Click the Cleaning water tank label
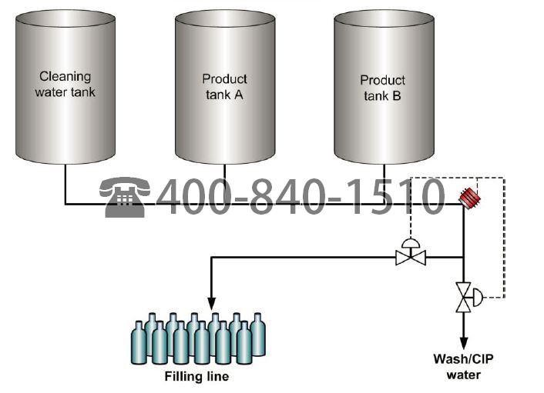pyautogui.click(x=65, y=85)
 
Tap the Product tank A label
pyautogui.click(x=224, y=87)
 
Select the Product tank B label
pyautogui.click(x=383, y=88)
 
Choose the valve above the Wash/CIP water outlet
pyautogui.click(x=465, y=296)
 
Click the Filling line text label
pyautogui.click(x=196, y=377)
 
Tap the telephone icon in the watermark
pyautogui.click(x=125, y=198)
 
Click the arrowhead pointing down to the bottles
pyautogui.click(x=211, y=303)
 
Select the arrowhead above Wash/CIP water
pyautogui.click(x=464, y=342)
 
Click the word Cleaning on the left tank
pyautogui.click(x=65, y=76)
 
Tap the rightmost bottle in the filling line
pyautogui.click(x=257, y=335)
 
